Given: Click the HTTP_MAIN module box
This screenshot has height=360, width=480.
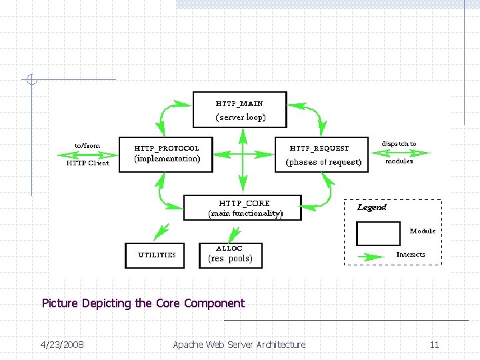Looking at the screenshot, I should click(240, 109).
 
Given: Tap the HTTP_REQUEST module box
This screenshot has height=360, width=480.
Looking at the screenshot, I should click(321, 155).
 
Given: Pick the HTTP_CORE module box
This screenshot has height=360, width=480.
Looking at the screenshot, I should click(243, 207).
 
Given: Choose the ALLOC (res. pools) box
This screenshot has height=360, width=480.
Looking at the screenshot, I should click(231, 255).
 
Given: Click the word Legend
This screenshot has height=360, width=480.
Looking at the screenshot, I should click(371, 207).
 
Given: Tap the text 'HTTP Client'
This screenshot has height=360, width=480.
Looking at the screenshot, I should click(87, 163).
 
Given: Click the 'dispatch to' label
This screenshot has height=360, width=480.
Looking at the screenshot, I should click(399, 144).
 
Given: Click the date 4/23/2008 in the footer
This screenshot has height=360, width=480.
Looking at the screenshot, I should click(62, 345).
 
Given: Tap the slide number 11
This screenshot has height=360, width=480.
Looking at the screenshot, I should click(434, 345).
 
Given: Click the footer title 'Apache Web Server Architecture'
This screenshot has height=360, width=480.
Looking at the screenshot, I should click(239, 345).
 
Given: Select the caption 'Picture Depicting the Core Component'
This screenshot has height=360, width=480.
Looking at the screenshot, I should click(143, 303).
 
